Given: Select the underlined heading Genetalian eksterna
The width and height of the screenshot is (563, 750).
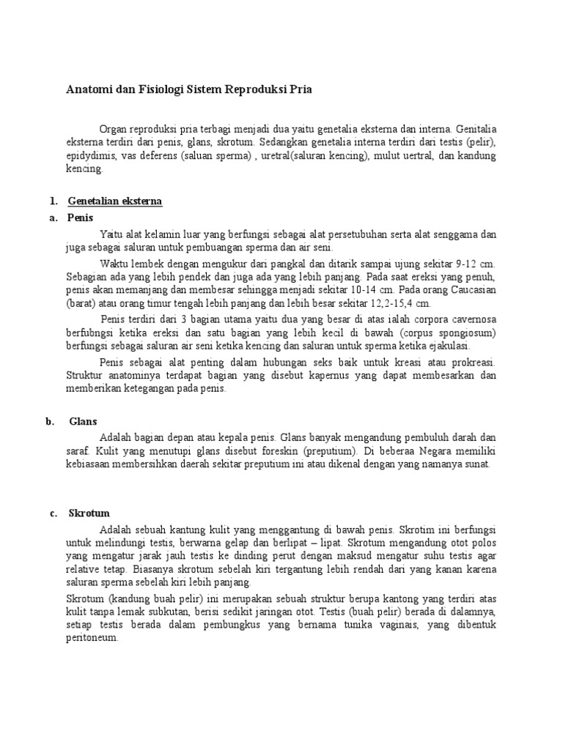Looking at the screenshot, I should point(115,200).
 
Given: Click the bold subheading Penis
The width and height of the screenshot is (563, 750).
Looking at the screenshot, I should point(81,218).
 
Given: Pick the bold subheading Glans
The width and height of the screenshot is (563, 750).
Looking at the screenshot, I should point(83,421).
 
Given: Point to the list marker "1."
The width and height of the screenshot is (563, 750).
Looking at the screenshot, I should point(53,200).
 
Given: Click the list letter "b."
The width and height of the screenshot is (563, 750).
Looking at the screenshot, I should point(50,421).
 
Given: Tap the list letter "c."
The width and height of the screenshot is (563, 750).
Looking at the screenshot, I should point(54,513).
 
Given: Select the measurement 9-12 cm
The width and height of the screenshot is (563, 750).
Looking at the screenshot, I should point(476,262).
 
